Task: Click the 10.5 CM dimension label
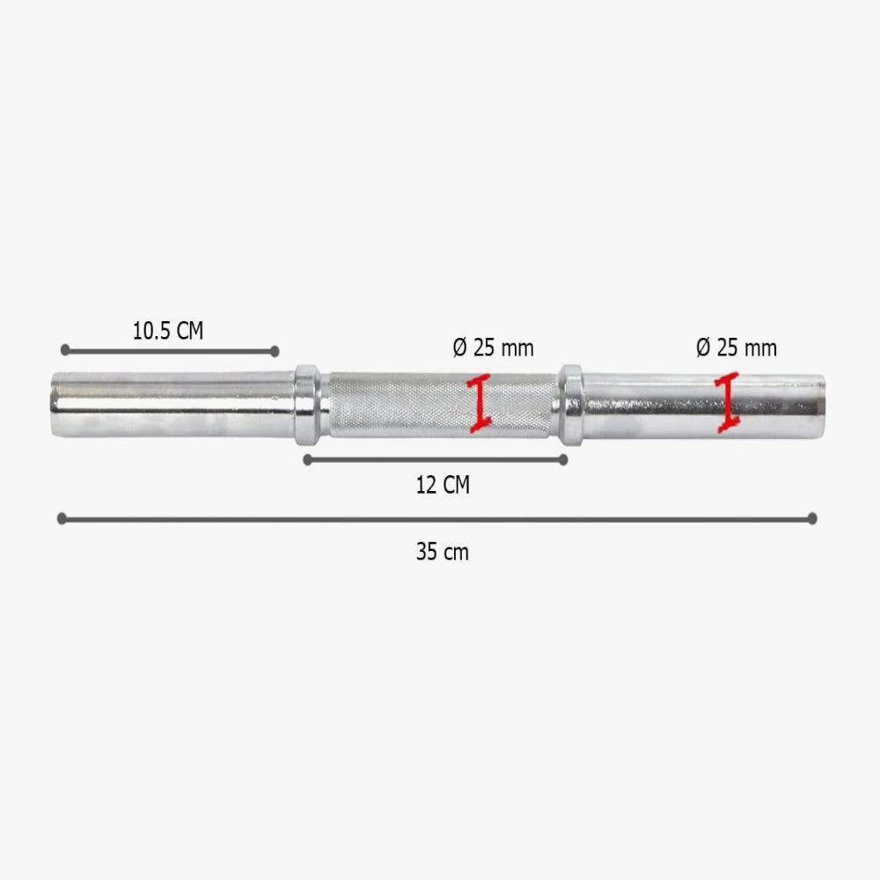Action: pyautogui.click(x=168, y=331)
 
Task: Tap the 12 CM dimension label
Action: pyautogui.click(x=443, y=485)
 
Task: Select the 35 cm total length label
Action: pyautogui.click(x=443, y=552)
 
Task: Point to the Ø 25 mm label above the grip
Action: pyautogui.click(x=493, y=348)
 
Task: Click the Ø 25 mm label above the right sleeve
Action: pyautogui.click(x=737, y=348)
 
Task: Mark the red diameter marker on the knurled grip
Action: pyautogui.click(x=479, y=403)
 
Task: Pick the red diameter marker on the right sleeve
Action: pyautogui.click(x=727, y=402)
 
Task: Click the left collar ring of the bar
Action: pyautogui.click(x=307, y=405)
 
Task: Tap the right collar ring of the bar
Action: pyautogui.click(x=571, y=405)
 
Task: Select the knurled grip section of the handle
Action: pyautogui.click(x=442, y=405)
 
